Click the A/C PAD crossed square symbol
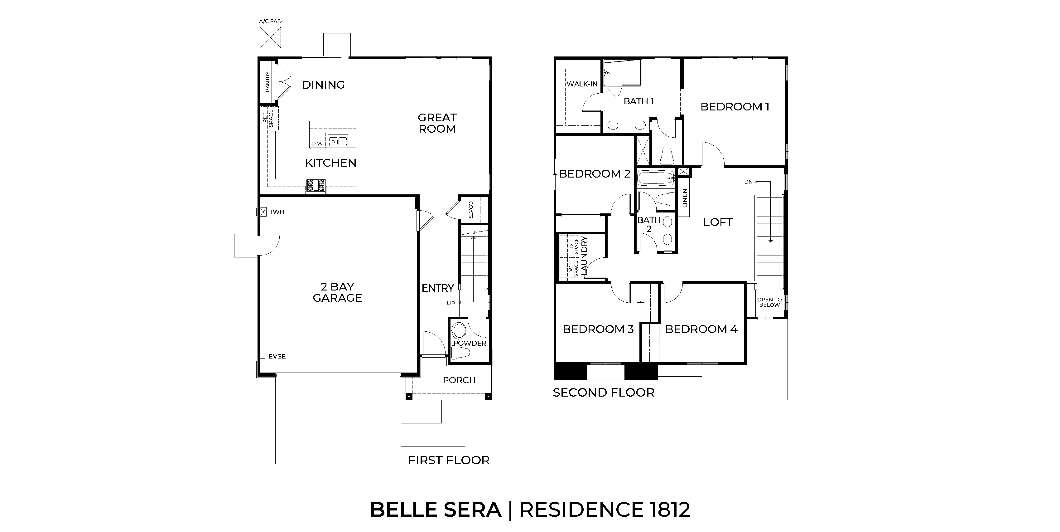point(270,37)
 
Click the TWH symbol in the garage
point(261,212)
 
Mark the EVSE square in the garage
point(263,356)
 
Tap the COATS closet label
point(471,210)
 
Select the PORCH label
point(459,380)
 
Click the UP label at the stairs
point(451,303)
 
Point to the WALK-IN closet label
point(582,84)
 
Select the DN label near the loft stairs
point(748,182)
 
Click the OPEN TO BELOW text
point(769,302)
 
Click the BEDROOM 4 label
point(701,329)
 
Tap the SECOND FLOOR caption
point(603,393)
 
